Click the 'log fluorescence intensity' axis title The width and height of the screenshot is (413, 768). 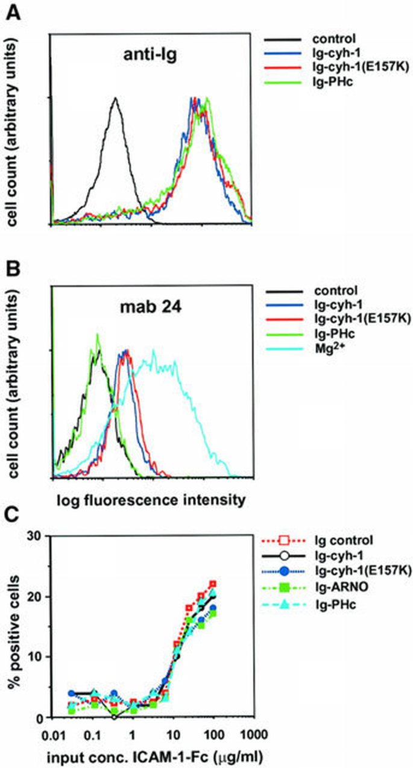click(x=151, y=499)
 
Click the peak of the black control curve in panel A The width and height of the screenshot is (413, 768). click(x=114, y=99)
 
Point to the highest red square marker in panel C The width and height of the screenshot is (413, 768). click(x=212, y=584)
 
